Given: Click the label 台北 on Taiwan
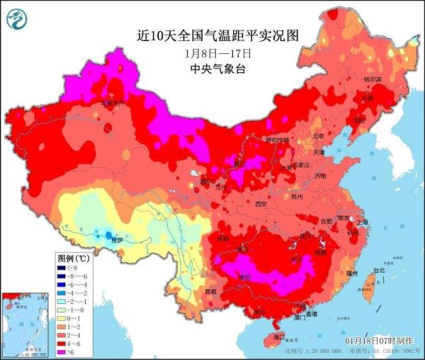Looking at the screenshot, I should [379, 270].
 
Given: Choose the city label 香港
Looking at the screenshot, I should [309, 313].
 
